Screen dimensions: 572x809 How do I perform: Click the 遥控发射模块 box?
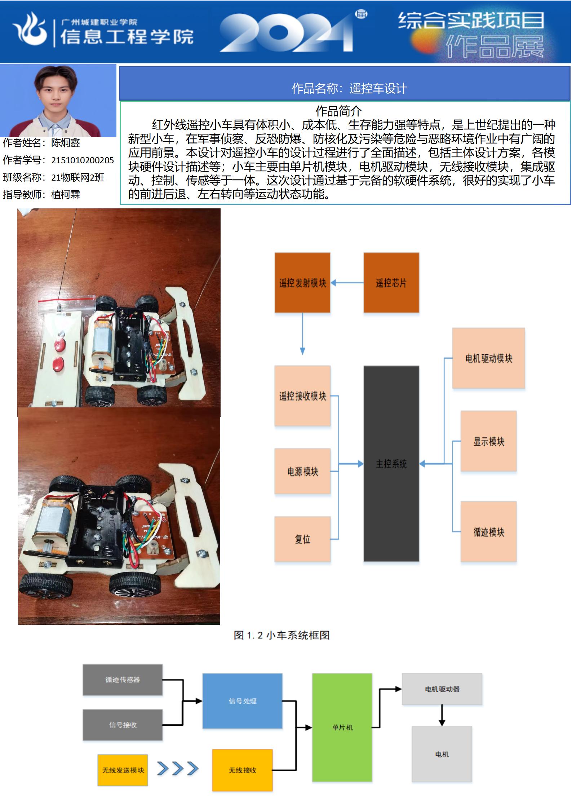pyautogui.click(x=302, y=283)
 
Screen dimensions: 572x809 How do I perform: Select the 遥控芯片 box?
pyautogui.click(x=391, y=283)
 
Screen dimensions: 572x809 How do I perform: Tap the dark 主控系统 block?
pyautogui.click(x=391, y=464)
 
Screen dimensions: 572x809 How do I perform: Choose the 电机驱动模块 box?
pyautogui.click(x=488, y=358)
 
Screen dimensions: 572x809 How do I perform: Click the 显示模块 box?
pyautogui.click(x=488, y=441)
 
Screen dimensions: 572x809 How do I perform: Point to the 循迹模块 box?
pyautogui.click(x=488, y=531)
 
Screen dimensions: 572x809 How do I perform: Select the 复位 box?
pyautogui.click(x=302, y=539)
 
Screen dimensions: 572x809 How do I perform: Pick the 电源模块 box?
pyautogui.click(x=302, y=471)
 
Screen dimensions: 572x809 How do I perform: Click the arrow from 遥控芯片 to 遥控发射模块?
pyautogui.click(x=347, y=283)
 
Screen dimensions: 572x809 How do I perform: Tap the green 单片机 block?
pyautogui.click(x=342, y=728)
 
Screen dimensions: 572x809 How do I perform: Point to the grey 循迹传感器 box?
pyautogui.click(x=123, y=680)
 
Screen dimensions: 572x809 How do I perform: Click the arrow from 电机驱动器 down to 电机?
pyautogui.click(x=442, y=715)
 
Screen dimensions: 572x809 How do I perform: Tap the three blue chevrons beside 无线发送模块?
pyautogui.click(x=178, y=769)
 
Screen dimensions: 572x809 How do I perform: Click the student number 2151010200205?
pyautogui.click(x=83, y=160)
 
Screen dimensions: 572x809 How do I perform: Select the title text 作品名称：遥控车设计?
pyautogui.click(x=349, y=88)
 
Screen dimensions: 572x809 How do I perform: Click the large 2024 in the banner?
pyautogui.click(x=287, y=32)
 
